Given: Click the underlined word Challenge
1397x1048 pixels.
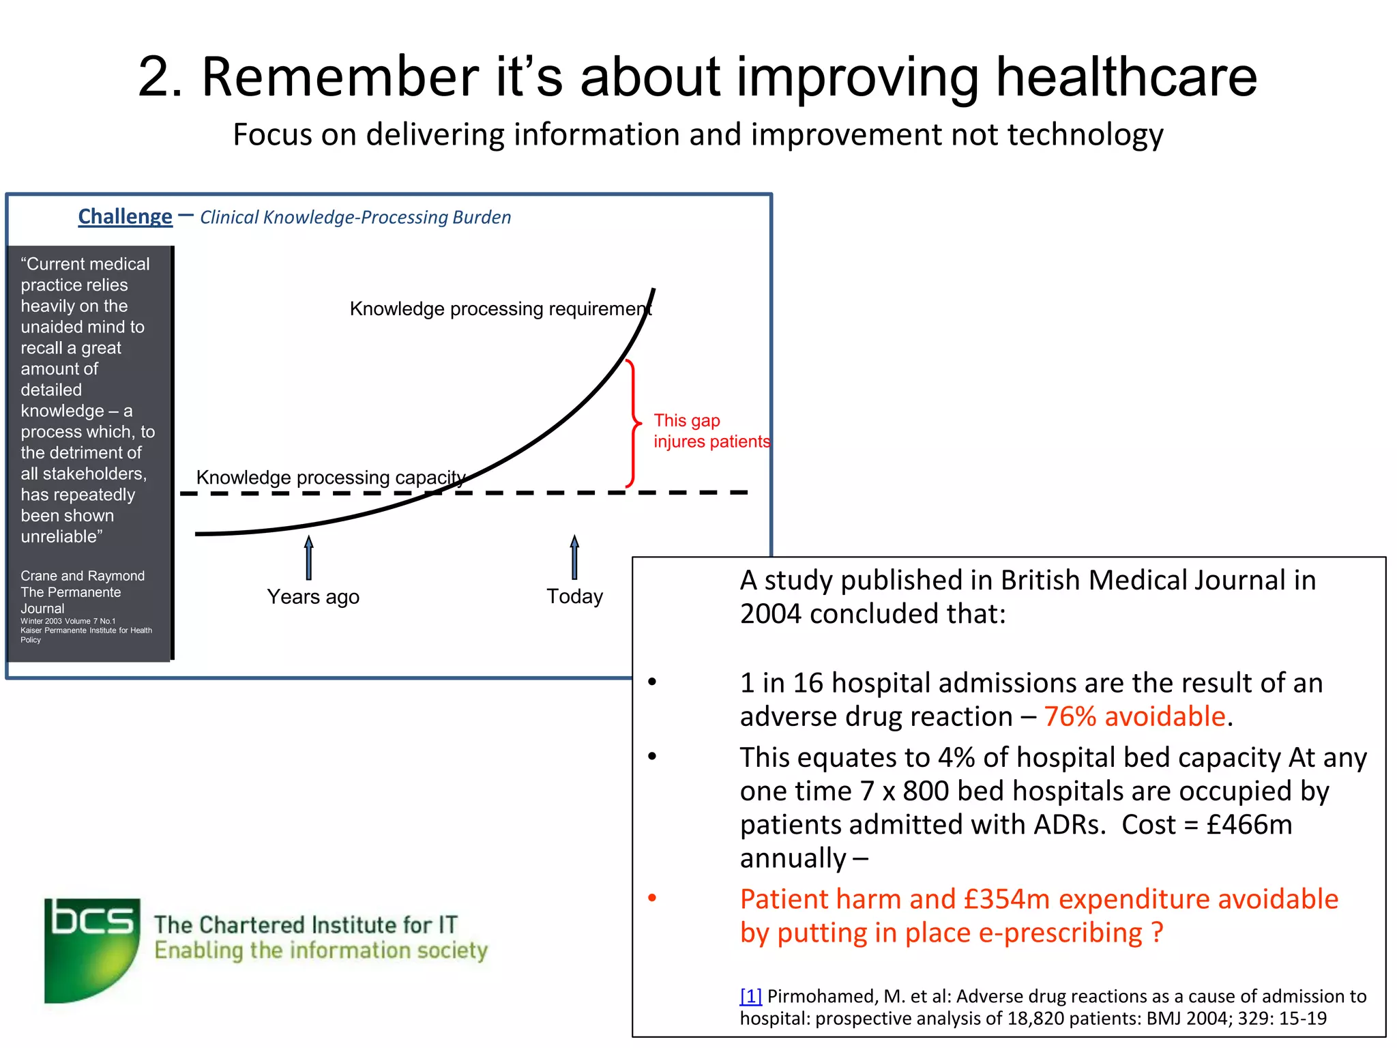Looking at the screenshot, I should [125, 217].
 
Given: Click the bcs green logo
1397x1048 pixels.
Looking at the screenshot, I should [92, 950].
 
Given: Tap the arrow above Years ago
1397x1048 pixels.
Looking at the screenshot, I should [309, 557].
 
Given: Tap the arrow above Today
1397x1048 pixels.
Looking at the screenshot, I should [574, 557].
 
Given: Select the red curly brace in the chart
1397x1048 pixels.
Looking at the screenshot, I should [633, 423].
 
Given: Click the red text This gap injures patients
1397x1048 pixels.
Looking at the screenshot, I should [711, 431].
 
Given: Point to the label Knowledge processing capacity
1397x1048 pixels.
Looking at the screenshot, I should [331, 478].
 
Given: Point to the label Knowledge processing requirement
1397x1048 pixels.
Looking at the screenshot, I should [500, 309].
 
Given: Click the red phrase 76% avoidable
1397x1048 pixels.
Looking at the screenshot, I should [1134, 717].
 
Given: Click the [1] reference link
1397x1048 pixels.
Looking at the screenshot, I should [750, 997].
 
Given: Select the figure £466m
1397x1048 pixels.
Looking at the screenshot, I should [1249, 825].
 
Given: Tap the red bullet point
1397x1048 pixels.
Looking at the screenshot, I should [652, 898].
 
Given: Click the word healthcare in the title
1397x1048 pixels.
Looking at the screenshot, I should [1126, 76].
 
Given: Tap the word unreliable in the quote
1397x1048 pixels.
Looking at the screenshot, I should [59, 537].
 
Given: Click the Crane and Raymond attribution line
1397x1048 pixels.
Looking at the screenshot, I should [83, 576].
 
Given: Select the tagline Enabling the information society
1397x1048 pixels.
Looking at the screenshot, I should [321, 950].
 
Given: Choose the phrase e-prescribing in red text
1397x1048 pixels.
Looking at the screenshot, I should [1059, 933].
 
